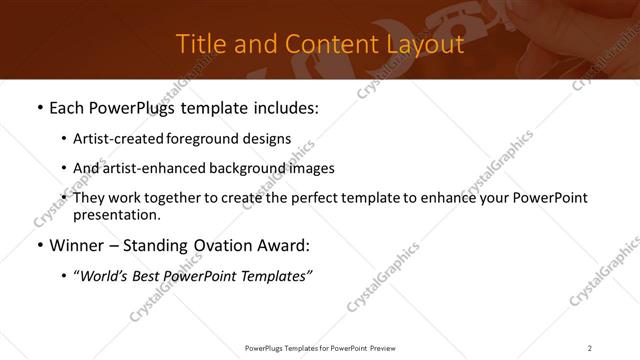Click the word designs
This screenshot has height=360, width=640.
tap(268, 139)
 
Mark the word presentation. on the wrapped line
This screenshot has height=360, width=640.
tap(116, 214)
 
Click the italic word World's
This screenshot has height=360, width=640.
tap(104, 276)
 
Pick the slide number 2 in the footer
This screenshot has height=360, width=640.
tap(590, 348)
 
